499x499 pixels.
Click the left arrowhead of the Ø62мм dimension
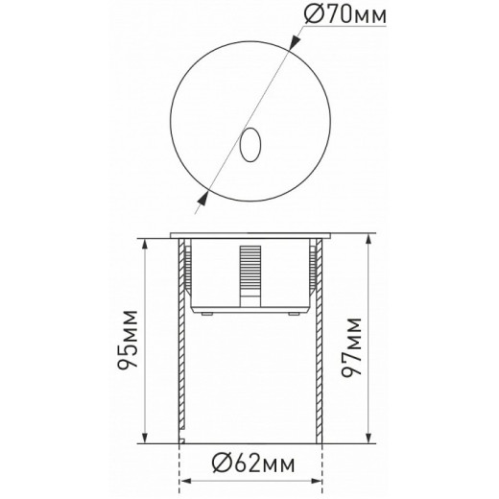[184, 476]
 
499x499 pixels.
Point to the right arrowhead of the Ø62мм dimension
[316, 476]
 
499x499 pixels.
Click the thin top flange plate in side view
[249, 234]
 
